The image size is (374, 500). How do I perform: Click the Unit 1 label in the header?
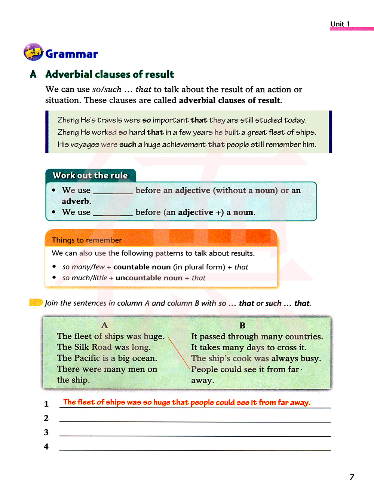pyautogui.click(x=340, y=24)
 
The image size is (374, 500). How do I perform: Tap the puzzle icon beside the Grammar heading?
pyautogui.click(x=33, y=52)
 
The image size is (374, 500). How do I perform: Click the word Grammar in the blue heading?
pyautogui.click(x=71, y=54)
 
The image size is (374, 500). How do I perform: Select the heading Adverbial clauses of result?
pyautogui.click(x=110, y=74)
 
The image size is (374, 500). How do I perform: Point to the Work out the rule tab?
pyautogui.click(x=90, y=175)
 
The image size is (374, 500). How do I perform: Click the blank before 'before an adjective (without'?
pyautogui.click(x=113, y=191)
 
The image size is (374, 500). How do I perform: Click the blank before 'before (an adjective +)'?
pyautogui.click(x=113, y=213)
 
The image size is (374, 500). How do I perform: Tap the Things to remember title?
pyautogui.click(x=86, y=240)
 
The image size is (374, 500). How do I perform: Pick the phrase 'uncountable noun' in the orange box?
pyautogui.click(x=149, y=278)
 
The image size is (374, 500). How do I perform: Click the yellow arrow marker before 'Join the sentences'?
pyautogui.click(x=36, y=302)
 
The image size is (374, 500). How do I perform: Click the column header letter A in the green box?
pyautogui.click(x=104, y=325)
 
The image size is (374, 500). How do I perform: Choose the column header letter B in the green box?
pyautogui.click(x=242, y=326)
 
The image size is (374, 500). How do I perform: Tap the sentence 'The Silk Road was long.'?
pyautogui.click(x=104, y=347)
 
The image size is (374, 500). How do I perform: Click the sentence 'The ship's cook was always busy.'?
pyautogui.click(x=256, y=358)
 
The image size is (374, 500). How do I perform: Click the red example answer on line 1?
pyautogui.click(x=186, y=402)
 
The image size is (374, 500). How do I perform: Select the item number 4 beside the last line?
pyautogui.click(x=46, y=446)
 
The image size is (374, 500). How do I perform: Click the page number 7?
pyautogui.click(x=352, y=477)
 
